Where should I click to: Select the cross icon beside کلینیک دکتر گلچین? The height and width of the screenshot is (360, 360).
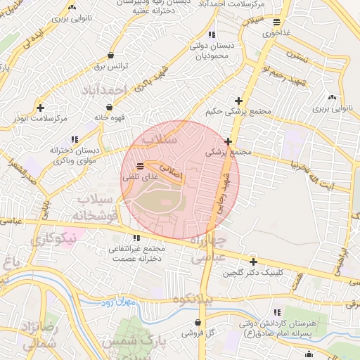pos(253,262)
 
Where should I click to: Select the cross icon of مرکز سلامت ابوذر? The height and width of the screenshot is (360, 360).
pos(41,108)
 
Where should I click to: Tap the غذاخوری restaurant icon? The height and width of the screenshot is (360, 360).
pos(276,22)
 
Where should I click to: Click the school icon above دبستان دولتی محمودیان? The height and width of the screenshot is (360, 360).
pos(212,34)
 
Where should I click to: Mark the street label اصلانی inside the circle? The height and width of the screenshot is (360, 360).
pos(169,169)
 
